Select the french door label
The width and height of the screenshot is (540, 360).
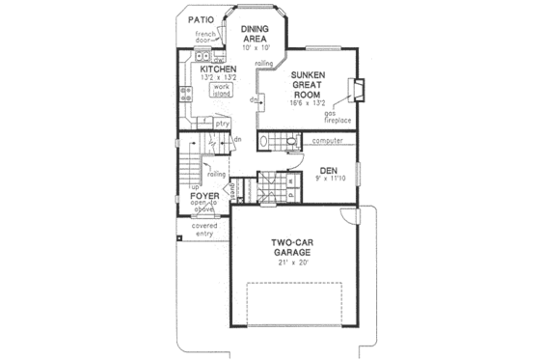click(x=209, y=39)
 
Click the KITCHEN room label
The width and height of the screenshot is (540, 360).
click(x=219, y=69)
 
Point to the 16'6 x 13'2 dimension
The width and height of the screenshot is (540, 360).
click(x=307, y=104)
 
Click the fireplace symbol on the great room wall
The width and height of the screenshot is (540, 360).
click(x=359, y=90)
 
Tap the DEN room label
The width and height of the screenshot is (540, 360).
click(x=327, y=170)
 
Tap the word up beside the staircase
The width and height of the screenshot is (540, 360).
click(x=196, y=186)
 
